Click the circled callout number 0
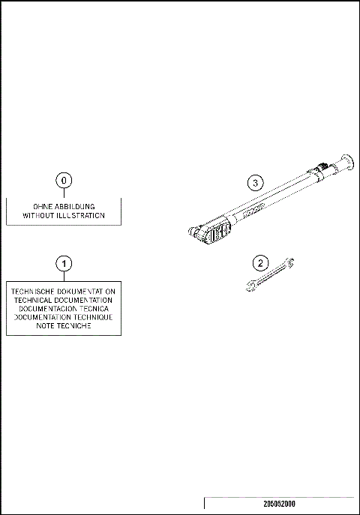tap(64, 181)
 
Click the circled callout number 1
tap(64, 263)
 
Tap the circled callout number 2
tap(260, 263)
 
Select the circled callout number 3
tap(256, 182)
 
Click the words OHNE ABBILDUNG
tap(64, 206)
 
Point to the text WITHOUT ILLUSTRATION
tap(64, 215)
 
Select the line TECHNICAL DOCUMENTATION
tap(64, 299)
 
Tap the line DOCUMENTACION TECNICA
tap(64, 308)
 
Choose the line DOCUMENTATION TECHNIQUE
tap(64, 317)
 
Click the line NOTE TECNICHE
tap(64, 326)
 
